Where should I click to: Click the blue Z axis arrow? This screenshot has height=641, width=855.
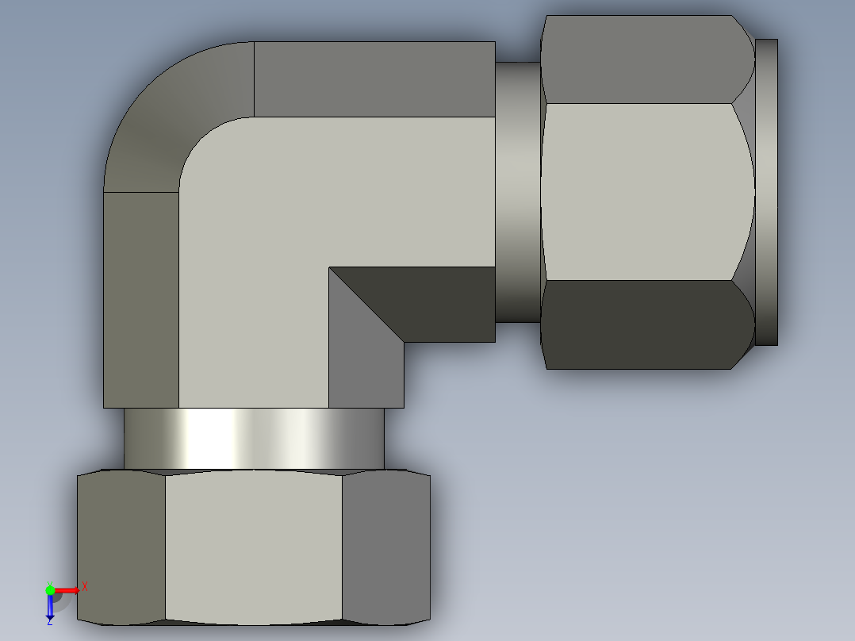click(x=50, y=606)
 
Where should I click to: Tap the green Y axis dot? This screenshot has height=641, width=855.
click(x=50, y=590)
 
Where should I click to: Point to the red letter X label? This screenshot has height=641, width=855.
click(x=85, y=587)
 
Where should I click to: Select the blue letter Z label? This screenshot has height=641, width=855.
click(x=50, y=621)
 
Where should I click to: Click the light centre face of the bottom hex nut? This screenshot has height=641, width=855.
click(x=254, y=547)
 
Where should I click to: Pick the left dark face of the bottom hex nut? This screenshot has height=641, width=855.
click(x=121, y=547)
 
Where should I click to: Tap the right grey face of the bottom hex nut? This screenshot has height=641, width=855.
click(x=386, y=547)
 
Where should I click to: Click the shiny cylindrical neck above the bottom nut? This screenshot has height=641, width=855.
click(x=254, y=438)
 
